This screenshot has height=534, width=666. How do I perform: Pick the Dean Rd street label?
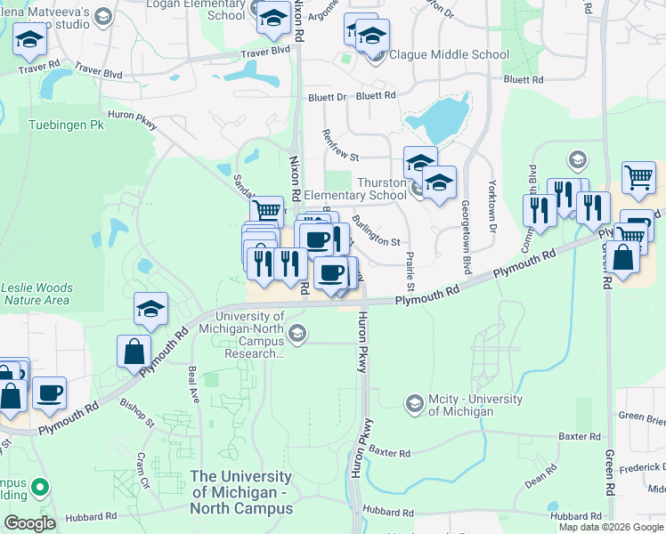[540, 481]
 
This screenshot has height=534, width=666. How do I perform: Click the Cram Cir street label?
[142, 463]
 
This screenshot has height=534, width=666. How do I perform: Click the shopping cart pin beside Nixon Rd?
[265, 212]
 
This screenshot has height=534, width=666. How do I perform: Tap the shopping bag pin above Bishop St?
[134, 350]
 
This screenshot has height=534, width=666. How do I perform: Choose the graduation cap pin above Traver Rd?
[29, 38]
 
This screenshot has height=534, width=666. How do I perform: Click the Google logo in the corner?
[29, 523]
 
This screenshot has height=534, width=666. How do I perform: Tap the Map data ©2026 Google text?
[611, 527]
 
